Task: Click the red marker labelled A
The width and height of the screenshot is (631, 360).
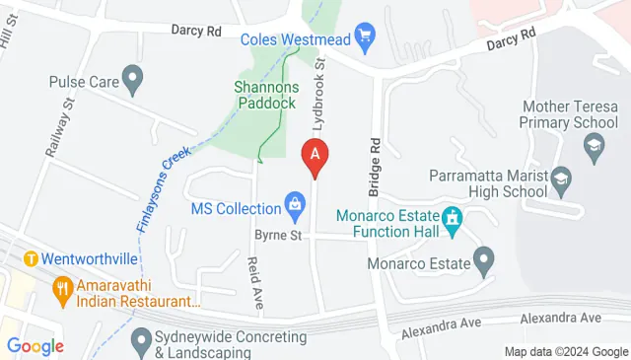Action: coord(315,156)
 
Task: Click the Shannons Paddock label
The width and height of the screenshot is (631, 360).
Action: coord(264,95)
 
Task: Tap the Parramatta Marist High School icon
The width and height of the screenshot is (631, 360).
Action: coord(561,178)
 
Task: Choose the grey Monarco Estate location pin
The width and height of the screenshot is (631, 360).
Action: coord(483,261)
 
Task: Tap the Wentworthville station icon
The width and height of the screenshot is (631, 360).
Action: coord(31,259)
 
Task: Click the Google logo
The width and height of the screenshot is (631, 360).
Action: coord(35,345)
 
